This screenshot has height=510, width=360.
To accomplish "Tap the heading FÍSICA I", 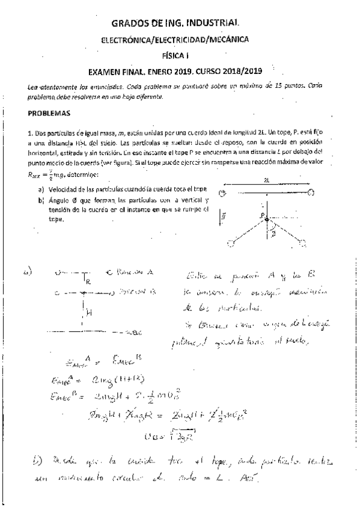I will click(x=179, y=54).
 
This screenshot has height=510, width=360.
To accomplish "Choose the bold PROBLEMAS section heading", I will click(x=49, y=113).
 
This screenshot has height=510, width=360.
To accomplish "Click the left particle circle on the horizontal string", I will click(x=222, y=193).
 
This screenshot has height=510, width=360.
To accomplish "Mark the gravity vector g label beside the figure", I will click(x=224, y=215).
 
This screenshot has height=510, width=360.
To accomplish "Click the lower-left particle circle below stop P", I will click(x=231, y=243).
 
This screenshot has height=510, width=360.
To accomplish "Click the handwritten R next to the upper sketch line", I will click(x=88, y=281).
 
